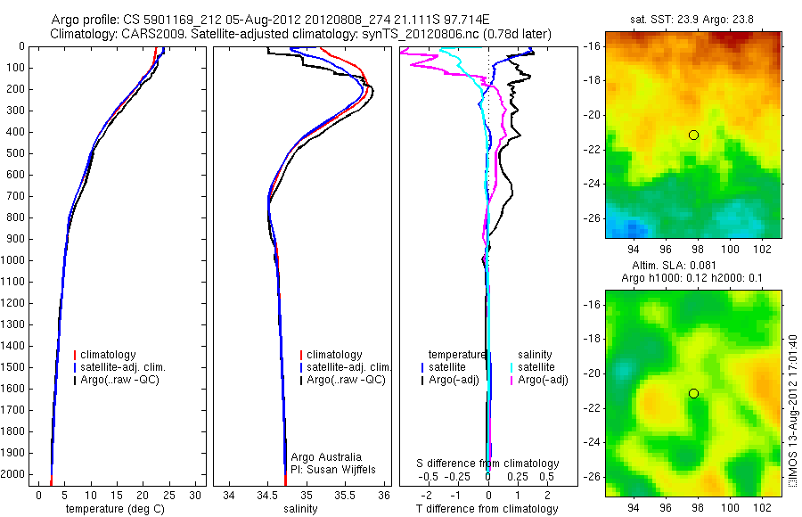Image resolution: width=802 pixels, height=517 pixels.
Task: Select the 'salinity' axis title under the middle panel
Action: click(x=300, y=509)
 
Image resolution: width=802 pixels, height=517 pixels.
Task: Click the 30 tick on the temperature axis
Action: click(x=196, y=495)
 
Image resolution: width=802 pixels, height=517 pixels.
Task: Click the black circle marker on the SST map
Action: click(x=693, y=135)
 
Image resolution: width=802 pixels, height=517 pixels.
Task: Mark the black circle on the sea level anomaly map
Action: click(x=693, y=393)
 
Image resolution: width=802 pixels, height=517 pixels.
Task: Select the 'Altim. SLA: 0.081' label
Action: click(x=693, y=266)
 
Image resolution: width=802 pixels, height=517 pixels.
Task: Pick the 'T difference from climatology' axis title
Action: click(x=487, y=509)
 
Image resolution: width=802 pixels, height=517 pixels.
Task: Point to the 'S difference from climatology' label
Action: click(x=488, y=464)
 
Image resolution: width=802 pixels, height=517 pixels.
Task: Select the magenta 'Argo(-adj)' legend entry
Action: click(x=543, y=380)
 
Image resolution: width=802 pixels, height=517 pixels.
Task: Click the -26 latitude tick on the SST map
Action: click(x=593, y=217)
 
